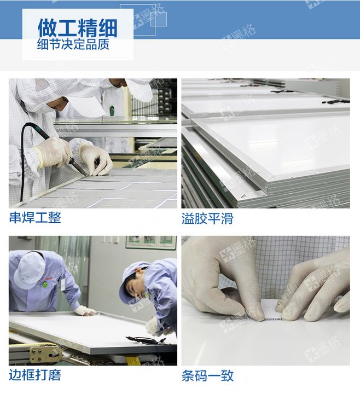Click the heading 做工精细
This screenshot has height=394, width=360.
coord(77,27)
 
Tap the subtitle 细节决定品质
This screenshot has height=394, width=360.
coord(73,45)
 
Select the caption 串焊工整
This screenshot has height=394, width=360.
coord(35,218)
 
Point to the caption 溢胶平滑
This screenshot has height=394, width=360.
coord(207,218)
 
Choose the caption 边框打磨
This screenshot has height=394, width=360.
coord(35,375)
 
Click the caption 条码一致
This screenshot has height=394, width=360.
coord(207,376)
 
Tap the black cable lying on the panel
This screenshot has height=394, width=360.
coord(145,340)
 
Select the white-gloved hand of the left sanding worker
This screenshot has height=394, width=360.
coord(85,310)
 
